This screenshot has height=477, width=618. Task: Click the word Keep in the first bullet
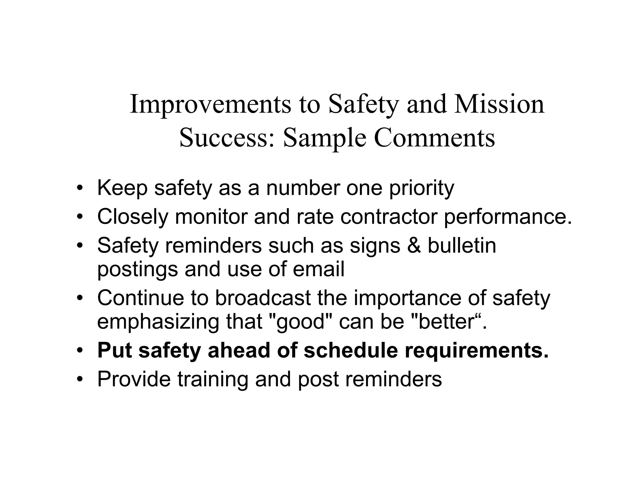tap(122, 188)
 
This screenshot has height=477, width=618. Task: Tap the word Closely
tap(132, 217)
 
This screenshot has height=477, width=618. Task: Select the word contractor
tap(389, 217)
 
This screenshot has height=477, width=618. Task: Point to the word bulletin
tap(462, 245)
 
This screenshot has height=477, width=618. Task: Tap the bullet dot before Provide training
tap(80, 379)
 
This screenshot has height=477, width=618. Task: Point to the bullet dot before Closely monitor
tap(80, 217)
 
